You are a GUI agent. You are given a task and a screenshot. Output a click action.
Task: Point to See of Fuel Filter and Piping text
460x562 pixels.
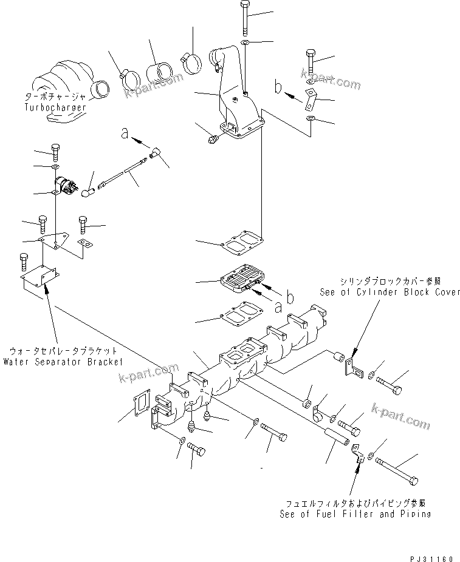point(355,513)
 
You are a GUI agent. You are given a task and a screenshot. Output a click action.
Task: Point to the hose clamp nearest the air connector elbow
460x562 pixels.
point(190,61)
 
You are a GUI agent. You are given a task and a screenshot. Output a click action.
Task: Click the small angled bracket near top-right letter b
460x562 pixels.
point(312,98)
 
